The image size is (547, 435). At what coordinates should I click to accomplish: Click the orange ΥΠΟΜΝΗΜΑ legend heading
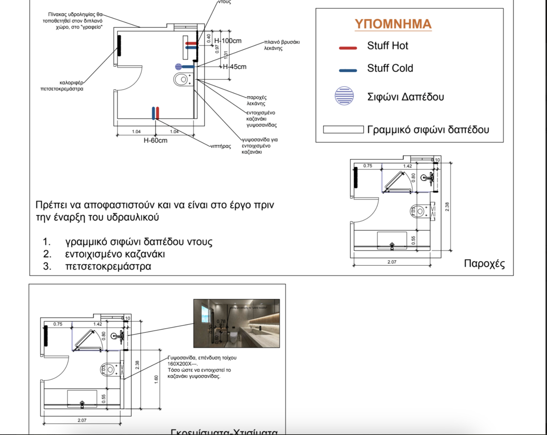[x=393, y=24]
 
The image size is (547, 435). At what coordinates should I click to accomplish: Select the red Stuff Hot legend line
[x=348, y=48]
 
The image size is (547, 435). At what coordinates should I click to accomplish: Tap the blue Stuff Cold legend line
[x=348, y=70]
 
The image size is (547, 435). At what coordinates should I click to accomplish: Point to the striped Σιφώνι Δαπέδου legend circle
[x=344, y=96]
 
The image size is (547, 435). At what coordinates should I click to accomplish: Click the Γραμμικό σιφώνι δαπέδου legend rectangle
[x=343, y=129]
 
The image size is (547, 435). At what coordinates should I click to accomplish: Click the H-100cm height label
[x=228, y=41]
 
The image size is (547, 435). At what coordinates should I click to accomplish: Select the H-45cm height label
[x=235, y=67]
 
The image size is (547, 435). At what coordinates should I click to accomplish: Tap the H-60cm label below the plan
[x=155, y=141]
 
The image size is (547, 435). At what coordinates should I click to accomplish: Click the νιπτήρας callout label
[x=221, y=146]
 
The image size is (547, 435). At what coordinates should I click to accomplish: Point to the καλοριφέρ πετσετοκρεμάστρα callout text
[x=62, y=86]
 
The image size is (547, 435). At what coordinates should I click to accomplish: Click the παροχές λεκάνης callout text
[x=256, y=100]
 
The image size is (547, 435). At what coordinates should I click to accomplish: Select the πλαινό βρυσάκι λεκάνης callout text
[x=282, y=45]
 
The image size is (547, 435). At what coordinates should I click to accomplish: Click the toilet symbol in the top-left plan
[x=182, y=79]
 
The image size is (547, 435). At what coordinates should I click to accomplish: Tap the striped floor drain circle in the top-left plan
[x=178, y=67]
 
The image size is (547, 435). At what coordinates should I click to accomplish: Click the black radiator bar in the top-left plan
[x=119, y=46]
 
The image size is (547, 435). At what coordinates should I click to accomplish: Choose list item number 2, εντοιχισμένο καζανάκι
[x=115, y=254]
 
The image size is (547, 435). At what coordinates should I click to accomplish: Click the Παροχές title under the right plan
[x=484, y=264]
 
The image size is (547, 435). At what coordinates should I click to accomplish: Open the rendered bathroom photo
[x=236, y=323]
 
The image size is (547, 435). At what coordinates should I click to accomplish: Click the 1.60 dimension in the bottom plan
[x=156, y=379]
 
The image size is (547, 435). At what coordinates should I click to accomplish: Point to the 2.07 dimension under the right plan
[x=392, y=262]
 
